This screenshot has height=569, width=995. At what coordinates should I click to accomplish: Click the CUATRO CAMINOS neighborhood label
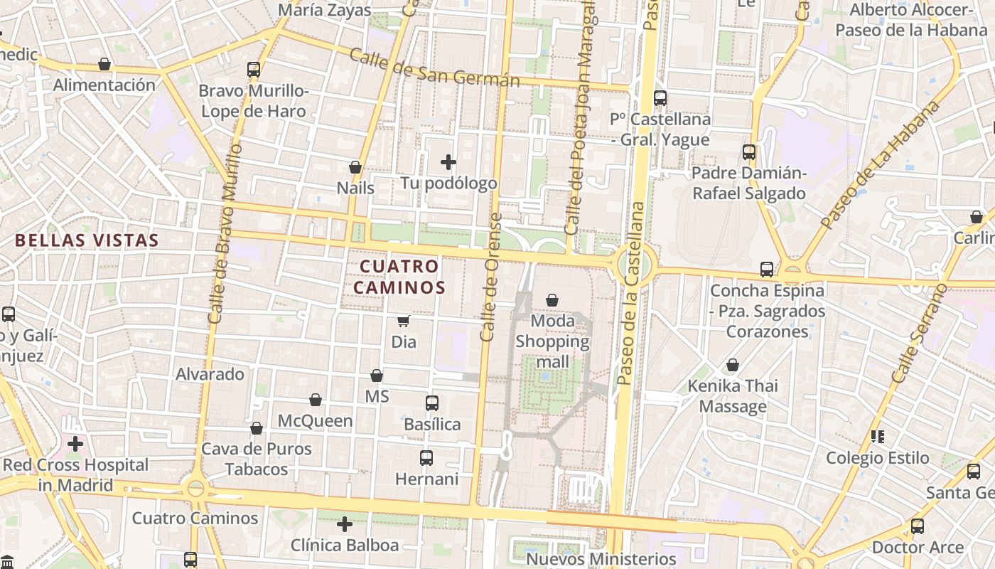pyautogui.click(x=399, y=277)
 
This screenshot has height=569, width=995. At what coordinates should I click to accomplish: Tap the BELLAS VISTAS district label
pyautogui.click(x=87, y=240)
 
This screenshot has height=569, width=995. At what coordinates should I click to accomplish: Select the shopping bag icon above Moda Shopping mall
pyautogui.click(x=552, y=301)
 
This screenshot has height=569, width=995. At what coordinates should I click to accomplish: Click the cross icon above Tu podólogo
pyautogui.click(x=448, y=162)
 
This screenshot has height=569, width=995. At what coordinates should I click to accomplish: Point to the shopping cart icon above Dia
pyautogui.click(x=403, y=321)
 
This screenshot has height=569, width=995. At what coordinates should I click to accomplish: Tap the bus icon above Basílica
pyautogui.click(x=431, y=403)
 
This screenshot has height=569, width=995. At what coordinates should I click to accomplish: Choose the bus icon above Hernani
pyautogui.click(x=426, y=458)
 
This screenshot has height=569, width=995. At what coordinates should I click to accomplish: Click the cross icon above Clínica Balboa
pyautogui.click(x=345, y=525)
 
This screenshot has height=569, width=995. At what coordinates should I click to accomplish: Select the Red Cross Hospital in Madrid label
pyautogui.click(x=75, y=475)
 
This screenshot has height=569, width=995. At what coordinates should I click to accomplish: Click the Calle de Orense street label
pyautogui.click(x=489, y=277)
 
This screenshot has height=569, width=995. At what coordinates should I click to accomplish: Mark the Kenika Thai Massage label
pyautogui.click(x=733, y=396)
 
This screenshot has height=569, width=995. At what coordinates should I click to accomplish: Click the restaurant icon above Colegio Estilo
pyautogui.click(x=878, y=436)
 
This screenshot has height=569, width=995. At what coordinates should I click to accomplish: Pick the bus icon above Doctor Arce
pyautogui.click(x=918, y=527)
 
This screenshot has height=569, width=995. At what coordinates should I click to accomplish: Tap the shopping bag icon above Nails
pyautogui.click(x=355, y=168)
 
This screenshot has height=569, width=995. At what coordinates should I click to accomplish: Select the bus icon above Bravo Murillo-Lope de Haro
pyautogui.click(x=254, y=70)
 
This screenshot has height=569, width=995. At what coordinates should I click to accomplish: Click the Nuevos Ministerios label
pyautogui.click(x=601, y=559)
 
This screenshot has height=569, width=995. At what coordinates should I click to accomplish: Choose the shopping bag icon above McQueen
pyautogui.click(x=316, y=400)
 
